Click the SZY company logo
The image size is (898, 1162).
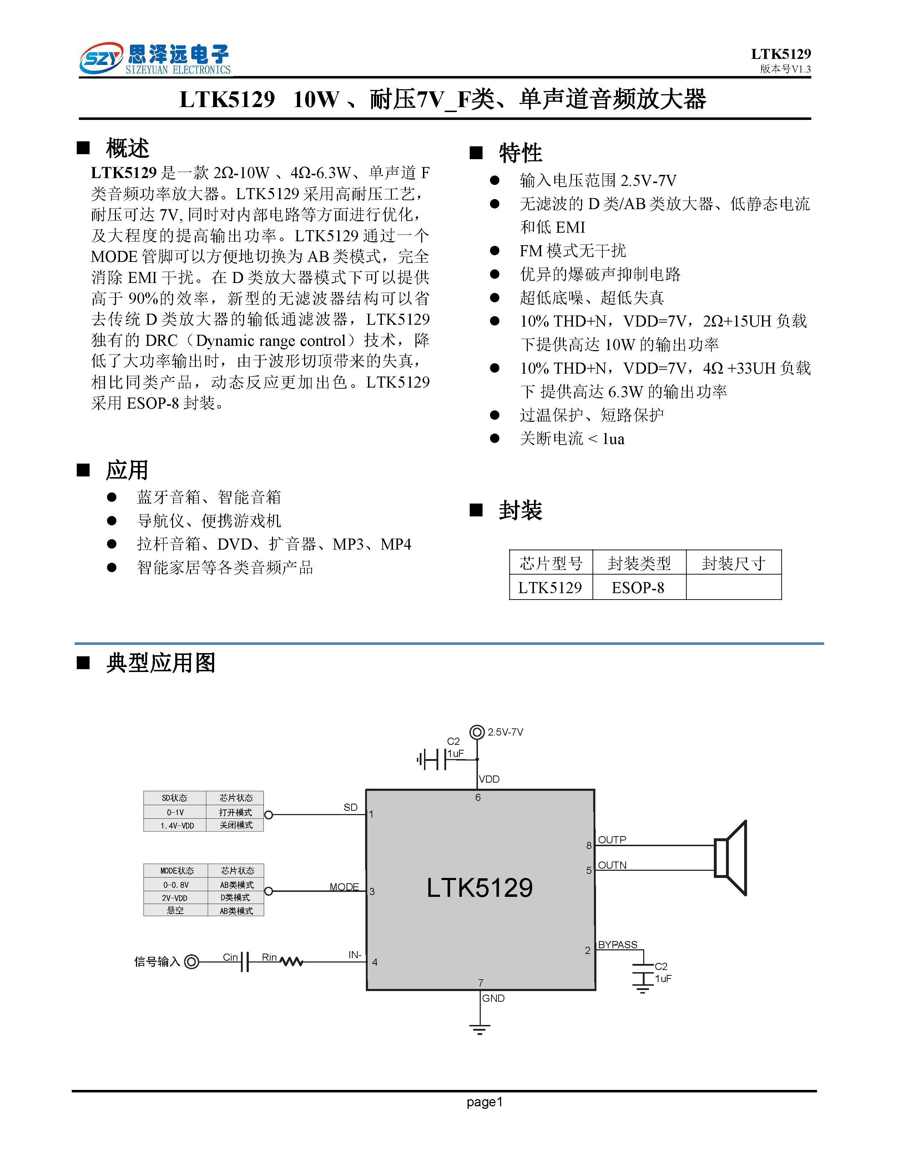pyautogui.click(x=101, y=58)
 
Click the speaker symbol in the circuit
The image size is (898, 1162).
pyautogui.click(x=731, y=858)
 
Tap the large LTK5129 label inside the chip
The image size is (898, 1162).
pyautogui.click(x=479, y=888)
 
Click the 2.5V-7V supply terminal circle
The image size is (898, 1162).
pyautogui.click(x=477, y=732)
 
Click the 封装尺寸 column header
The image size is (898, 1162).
pyautogui.click(x=733, y=563)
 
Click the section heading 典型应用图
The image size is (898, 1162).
pyautogui.click(x=161, y=663)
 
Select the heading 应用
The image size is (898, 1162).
pyautogui.click(x=127, y=470)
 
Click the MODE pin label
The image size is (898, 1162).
pyautogui.click(x=344, y=887)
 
